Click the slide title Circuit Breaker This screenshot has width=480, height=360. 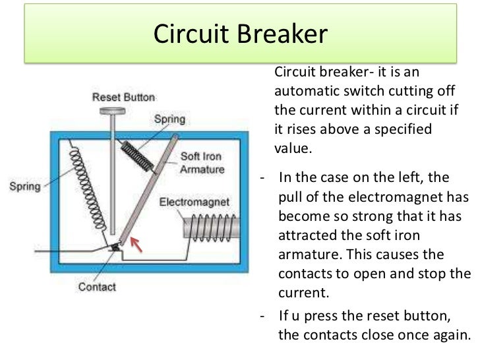pos(239,34)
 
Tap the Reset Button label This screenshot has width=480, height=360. pos(123,97)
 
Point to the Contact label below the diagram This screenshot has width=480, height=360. pos(96,287)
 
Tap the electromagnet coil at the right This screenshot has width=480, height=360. pos(208,231)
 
